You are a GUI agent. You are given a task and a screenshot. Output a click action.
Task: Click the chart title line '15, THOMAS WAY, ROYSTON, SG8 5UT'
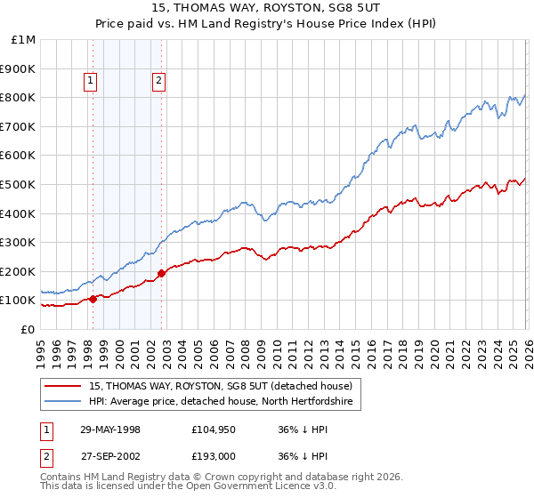click(x=266, y=10)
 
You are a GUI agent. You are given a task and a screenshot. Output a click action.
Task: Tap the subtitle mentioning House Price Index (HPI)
click(x=266, y=26)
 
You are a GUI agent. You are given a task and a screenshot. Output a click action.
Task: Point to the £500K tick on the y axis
click(x=18, y=184)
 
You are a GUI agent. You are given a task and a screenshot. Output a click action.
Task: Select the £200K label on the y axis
click(x=18, y=271)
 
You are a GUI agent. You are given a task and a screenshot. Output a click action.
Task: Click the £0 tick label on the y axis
click(x=27, y=329)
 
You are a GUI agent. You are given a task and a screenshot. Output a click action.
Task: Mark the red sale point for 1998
click(x=93, y=299)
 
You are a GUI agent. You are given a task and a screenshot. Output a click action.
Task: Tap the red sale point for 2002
click(x=161, y=273)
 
